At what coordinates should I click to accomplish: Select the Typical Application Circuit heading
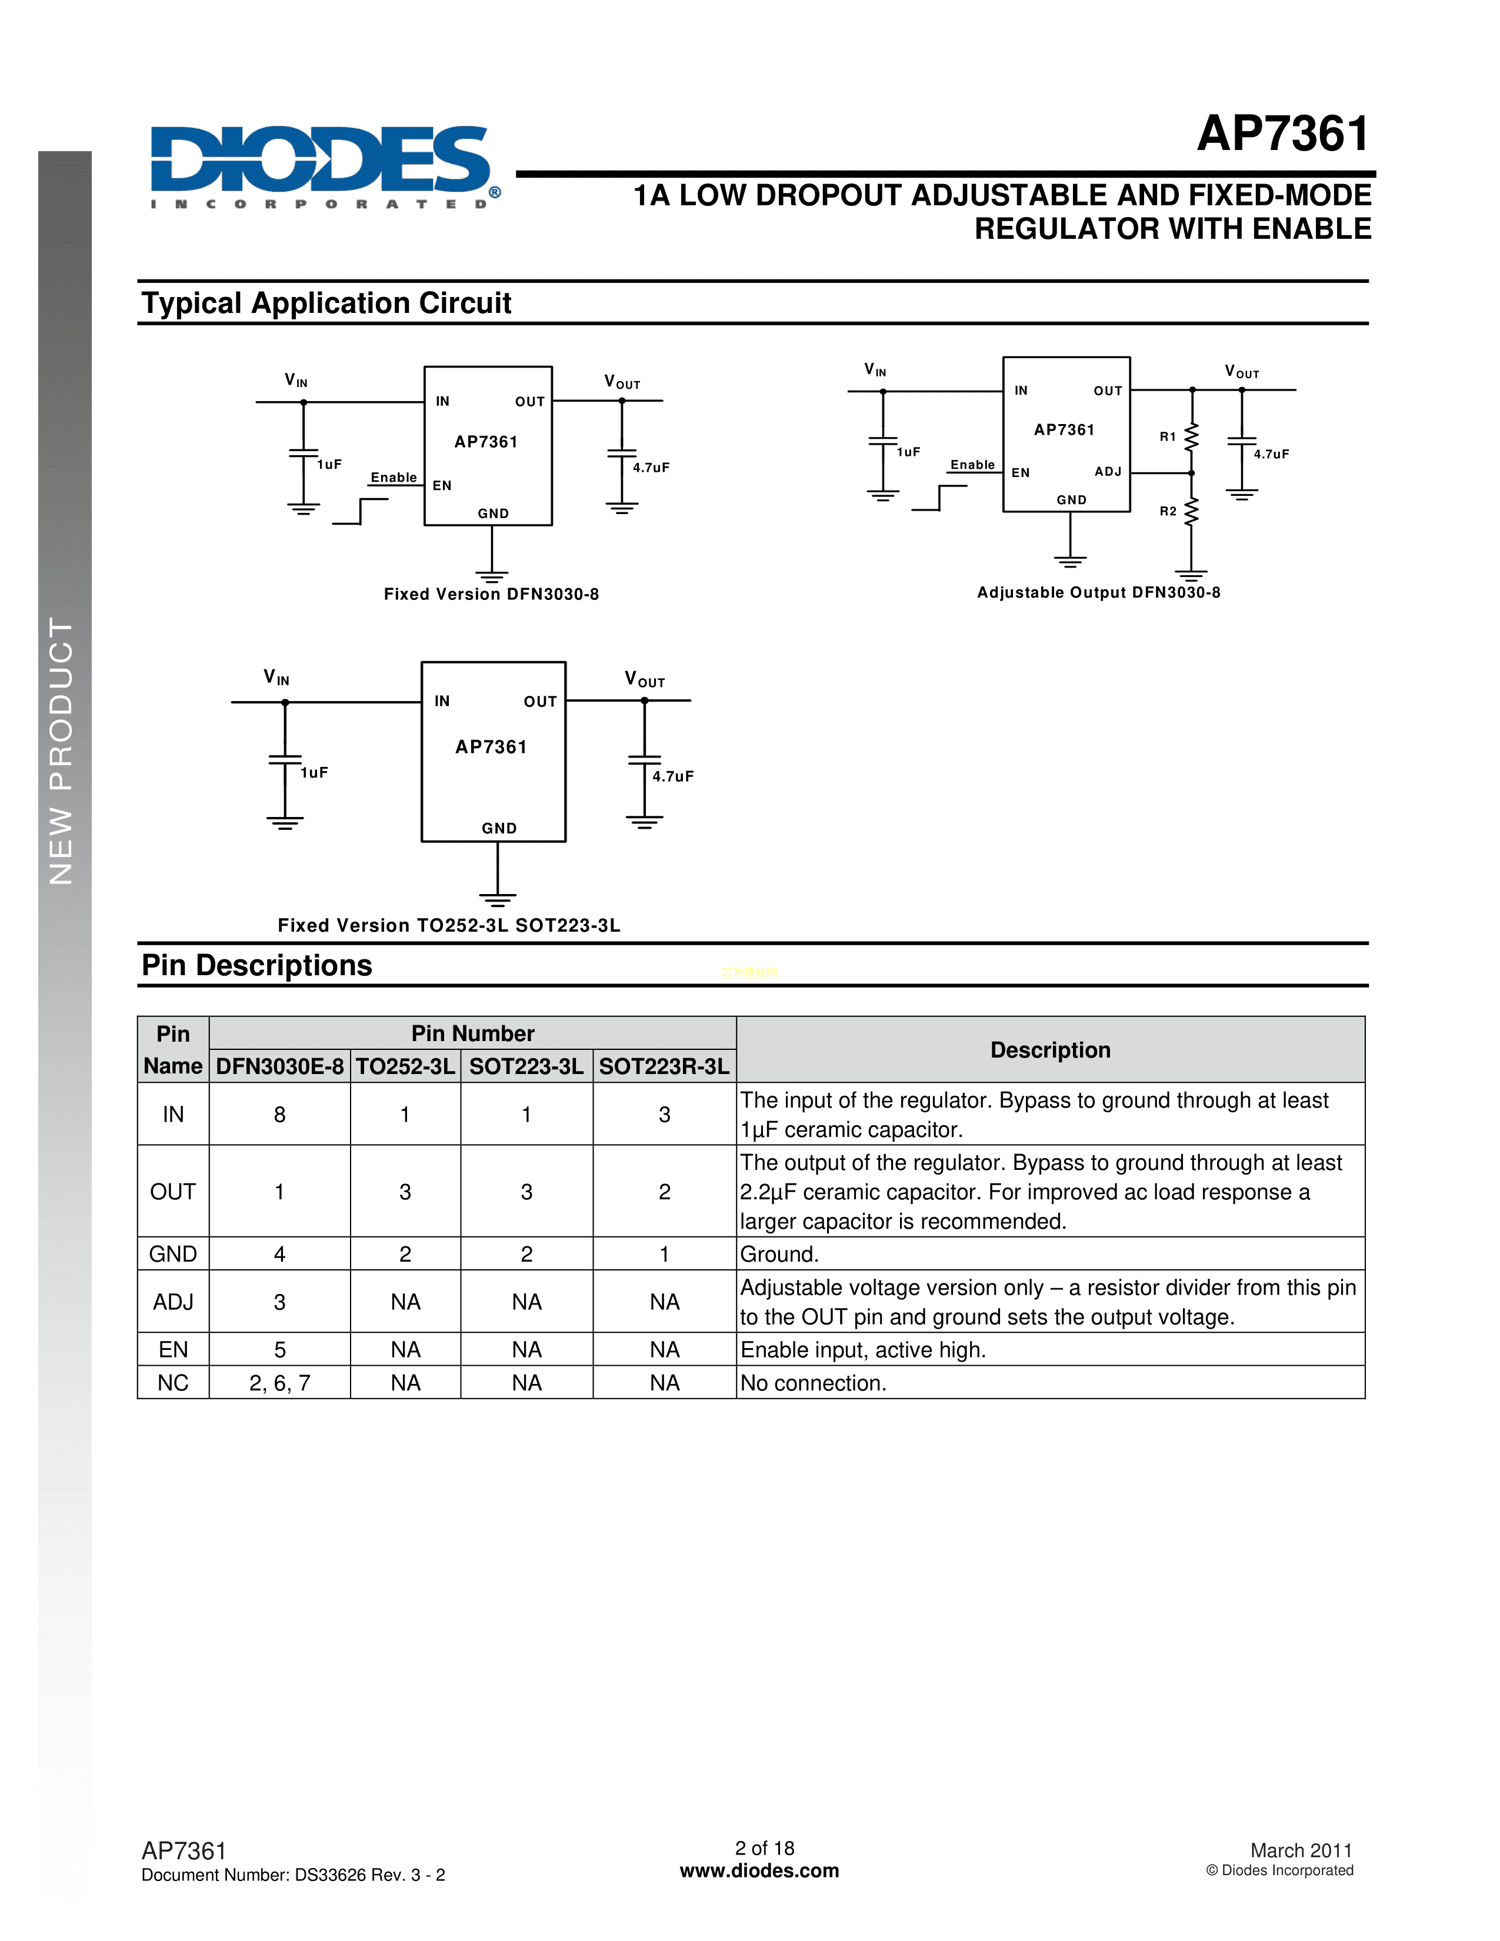(x=326, y=303)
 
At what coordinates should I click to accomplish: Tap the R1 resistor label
(x=1168, y=436)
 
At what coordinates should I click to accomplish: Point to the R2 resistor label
(x=1168, y=511)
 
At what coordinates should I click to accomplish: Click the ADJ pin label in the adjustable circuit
(x=1107, y=471)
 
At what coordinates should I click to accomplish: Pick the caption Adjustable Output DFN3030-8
(x=1098, y=593)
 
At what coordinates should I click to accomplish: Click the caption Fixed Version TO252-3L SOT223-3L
(x=449, y=925)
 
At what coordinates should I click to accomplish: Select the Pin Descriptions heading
(x=257, y=965)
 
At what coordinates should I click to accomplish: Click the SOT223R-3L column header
(x=664, y=1066)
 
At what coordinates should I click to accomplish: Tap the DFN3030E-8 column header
(x=279, y=1066)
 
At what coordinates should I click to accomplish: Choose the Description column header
(x=1051, y=1049)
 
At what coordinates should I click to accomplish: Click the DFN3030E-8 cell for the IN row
(x=279, y=1115)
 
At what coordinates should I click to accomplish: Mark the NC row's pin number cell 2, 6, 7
(x=279, y=1383)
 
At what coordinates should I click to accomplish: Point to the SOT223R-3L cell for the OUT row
(x=664, y=1192)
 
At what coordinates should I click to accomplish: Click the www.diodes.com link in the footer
(x=759, y=1871)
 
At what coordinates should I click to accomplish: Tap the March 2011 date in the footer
(x=1301, y=1850)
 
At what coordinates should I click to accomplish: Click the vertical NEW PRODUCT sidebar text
(x=61, y=751)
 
